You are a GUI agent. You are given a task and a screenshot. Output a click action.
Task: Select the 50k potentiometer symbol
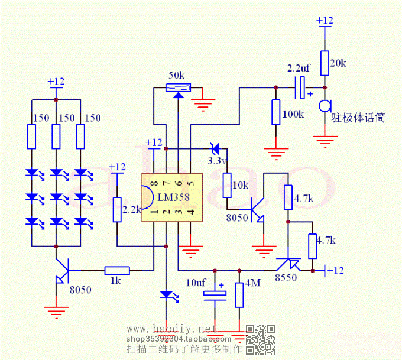pos(177,88)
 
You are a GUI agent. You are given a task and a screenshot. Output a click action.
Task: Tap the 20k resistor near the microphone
pos(324,63)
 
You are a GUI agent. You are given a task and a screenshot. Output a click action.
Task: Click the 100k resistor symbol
pos(275,112)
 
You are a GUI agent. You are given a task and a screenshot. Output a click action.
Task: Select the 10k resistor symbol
pos(227,185)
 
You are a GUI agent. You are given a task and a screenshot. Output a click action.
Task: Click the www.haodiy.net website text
pos(168,329)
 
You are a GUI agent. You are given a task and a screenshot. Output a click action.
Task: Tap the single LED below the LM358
pos(166,295)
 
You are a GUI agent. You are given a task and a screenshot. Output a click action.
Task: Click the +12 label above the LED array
pos(56,81)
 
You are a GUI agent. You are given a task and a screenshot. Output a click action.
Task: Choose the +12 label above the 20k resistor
pos(325,20)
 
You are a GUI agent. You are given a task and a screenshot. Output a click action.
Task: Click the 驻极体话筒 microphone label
pos(359,118)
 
